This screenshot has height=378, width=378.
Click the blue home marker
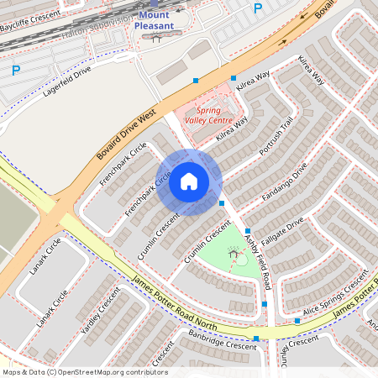189,181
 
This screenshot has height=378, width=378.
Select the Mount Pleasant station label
154,20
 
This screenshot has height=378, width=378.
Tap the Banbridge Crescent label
222,345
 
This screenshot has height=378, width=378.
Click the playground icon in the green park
233,250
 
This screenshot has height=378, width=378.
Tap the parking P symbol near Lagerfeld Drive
15,71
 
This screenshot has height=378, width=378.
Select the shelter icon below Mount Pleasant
156,39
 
